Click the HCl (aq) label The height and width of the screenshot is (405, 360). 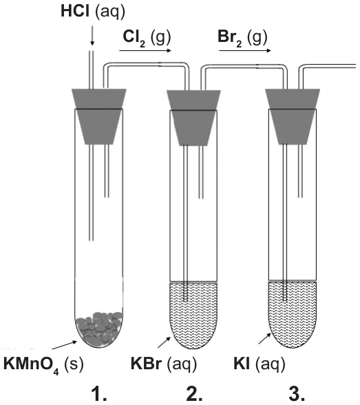93,12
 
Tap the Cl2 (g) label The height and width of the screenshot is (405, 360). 147,38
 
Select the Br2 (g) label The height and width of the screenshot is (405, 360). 242,38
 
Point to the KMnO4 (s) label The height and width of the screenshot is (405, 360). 43,365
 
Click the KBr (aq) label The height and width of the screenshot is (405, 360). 164,364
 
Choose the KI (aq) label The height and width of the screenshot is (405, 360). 259,364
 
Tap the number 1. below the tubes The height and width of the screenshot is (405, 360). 99,394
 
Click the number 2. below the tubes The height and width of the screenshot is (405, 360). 194,394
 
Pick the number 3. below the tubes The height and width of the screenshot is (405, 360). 297,394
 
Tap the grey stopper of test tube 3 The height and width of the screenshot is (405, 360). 293,116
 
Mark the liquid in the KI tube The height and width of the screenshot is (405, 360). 293,314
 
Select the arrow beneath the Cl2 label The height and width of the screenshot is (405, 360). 145,50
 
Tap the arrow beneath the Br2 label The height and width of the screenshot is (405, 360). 245,50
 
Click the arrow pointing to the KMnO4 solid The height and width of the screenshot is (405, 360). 65,344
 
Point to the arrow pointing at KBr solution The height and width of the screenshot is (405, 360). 165,342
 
